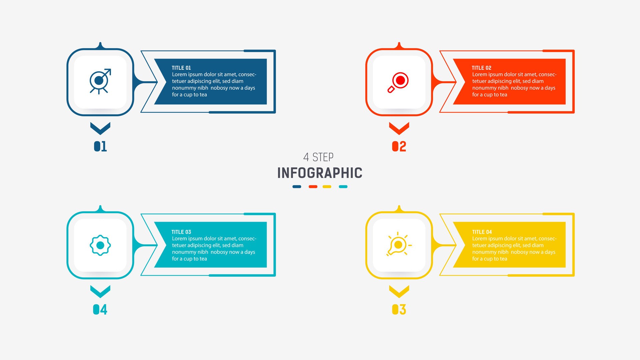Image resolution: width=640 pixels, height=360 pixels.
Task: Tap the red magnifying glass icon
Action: point(398,82)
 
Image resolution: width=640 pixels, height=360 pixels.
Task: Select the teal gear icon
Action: point(100,245)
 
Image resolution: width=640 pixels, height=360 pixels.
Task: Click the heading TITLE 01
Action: point(181,68)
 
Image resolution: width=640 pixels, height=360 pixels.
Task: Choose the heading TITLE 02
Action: point(481,68)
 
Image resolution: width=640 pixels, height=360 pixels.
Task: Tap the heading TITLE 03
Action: point(181,232)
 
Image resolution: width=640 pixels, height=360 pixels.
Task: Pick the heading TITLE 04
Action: point(482,232)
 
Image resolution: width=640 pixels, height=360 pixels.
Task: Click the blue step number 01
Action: point(100,146)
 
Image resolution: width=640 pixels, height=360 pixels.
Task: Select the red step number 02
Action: point(399,146)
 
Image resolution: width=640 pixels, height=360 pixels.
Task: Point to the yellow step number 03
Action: point(399,310)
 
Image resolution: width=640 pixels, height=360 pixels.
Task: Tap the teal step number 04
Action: point(100,310)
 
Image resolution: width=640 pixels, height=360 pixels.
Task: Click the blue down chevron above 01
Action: point(100,128)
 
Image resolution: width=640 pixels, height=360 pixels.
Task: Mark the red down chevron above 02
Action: point(399,128)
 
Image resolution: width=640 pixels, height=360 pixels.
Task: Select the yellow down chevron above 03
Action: point(399,291)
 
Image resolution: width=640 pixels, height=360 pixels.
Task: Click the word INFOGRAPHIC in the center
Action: point(320,173)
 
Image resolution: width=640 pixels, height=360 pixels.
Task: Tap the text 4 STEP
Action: point(318,157)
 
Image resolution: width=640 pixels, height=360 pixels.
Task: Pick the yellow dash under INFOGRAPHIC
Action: point(327,187)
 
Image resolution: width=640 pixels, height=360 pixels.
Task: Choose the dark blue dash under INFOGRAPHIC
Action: point(297,187)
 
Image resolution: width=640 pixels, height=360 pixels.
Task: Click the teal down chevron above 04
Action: point(100,291)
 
